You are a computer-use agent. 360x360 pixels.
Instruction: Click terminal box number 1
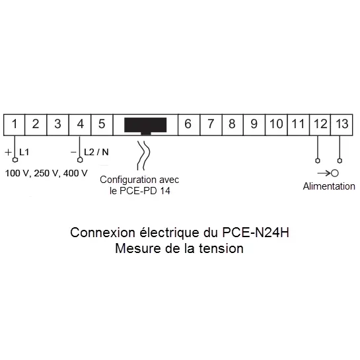point(15,125)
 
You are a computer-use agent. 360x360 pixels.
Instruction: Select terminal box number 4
point(80,125)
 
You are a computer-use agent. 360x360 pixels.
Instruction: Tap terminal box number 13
point(342,125)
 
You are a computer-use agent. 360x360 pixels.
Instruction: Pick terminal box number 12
point(320,125)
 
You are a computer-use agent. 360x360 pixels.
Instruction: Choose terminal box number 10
point(276,125)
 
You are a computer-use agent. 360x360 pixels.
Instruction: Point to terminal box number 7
point(211,125)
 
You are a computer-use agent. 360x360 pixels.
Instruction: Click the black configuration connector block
point(145,126)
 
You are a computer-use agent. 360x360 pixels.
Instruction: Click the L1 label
point(24,152)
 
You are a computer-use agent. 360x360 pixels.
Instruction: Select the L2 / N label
point(96,152)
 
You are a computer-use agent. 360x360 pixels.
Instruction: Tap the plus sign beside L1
point(8,152)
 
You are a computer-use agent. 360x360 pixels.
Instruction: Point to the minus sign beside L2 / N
point(73,152)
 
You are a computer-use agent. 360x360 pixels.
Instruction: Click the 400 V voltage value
point(75,173)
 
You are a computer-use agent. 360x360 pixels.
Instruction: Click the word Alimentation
point(329,186)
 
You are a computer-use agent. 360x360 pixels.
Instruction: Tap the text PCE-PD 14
point(145,191)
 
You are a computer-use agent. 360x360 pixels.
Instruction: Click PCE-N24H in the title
point(256,233)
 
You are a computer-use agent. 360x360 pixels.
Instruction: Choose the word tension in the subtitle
point(221,248)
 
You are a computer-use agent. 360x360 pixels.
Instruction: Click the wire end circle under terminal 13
point(340,161)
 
